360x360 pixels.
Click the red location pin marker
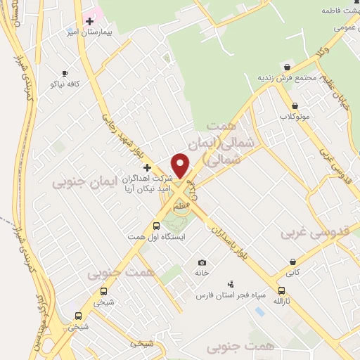(x=181, y=165)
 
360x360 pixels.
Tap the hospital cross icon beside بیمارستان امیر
(x=89, y=21)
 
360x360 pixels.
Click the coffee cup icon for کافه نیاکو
(x=65, y=73)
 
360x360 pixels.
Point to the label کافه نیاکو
(x=65, y=84)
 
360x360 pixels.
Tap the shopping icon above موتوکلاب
(x=294, y=106)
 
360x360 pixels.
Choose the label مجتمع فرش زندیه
(x=286, y=77)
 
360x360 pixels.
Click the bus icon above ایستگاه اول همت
(x=156, y=226)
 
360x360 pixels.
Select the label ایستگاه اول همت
(x=155, y=237)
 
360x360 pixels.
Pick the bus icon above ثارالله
(x=281, y=290)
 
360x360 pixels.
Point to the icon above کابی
(x=292, y=262)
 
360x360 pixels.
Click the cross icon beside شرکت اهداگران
(x=147, y=167)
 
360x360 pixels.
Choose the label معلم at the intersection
(x=181, y=204)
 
